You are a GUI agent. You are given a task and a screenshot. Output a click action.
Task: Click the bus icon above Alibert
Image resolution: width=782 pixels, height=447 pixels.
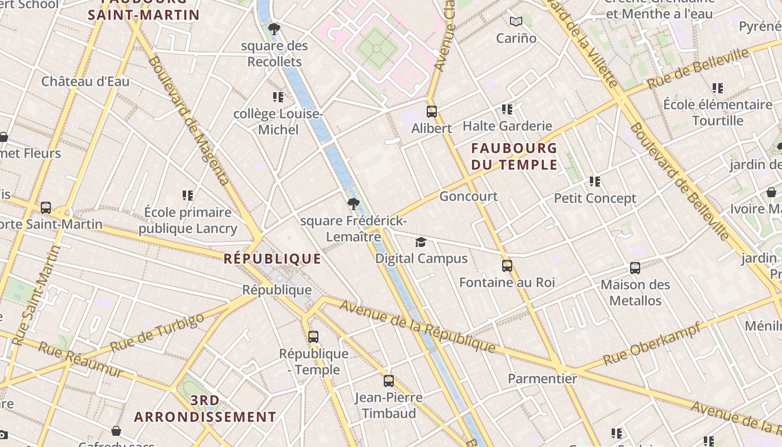pyautogui.click(x=431, y=111)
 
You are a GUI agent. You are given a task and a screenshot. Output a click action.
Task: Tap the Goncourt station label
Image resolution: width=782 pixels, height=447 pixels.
pyautogui.click(x=468, y=196)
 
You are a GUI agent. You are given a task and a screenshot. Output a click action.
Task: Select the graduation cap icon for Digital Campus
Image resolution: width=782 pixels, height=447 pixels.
pyautogui.click(x=421, y=242)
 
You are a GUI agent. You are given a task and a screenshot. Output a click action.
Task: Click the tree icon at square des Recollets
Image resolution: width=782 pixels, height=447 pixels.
pyautogui.click(x=274, y=28)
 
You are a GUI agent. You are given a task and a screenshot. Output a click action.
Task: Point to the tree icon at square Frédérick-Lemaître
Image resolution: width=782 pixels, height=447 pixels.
pyautogui.click(x=352, y=204)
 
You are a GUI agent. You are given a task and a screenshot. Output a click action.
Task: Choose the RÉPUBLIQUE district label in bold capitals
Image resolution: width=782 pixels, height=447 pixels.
pyautogui.click(x=273, y=259)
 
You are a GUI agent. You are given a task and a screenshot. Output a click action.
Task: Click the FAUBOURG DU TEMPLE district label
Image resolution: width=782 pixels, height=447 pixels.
pyautogui.click(x=514, y=156)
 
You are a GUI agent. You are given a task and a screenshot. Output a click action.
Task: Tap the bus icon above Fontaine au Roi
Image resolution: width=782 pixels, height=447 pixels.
pyautogui.click(x=507, y=266)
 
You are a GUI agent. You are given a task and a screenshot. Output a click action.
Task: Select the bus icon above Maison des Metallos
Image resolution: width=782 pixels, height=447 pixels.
pyautogui.click(x=635, y=268)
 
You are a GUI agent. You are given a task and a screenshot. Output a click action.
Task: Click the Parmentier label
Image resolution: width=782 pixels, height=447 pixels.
pyautogui.click(x=542, y=378)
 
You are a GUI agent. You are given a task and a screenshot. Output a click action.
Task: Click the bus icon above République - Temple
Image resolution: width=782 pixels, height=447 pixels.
pyautogui.click(x=313, y=337)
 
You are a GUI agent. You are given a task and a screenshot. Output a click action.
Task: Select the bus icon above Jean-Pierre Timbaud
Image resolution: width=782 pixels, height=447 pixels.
pyautogui.click(x=389, y=381)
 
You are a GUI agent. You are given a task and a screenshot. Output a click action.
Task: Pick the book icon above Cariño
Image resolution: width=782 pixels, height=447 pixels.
pyautogui.click(x=516, y=22)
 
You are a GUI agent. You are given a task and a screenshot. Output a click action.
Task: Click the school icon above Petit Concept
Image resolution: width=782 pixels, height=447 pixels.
pyautogui.click(x=595, y=182)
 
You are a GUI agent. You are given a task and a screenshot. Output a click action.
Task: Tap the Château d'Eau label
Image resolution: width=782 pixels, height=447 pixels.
pyautogui.click(x=85, y=82)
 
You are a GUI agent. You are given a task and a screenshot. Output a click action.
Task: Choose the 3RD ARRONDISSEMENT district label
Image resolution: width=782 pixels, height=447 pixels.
pyautogui.click(x=205, y=409)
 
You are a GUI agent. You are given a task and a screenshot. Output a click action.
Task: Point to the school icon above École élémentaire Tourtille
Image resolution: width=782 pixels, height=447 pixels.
pyautogui.click(x=718, y=88)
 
